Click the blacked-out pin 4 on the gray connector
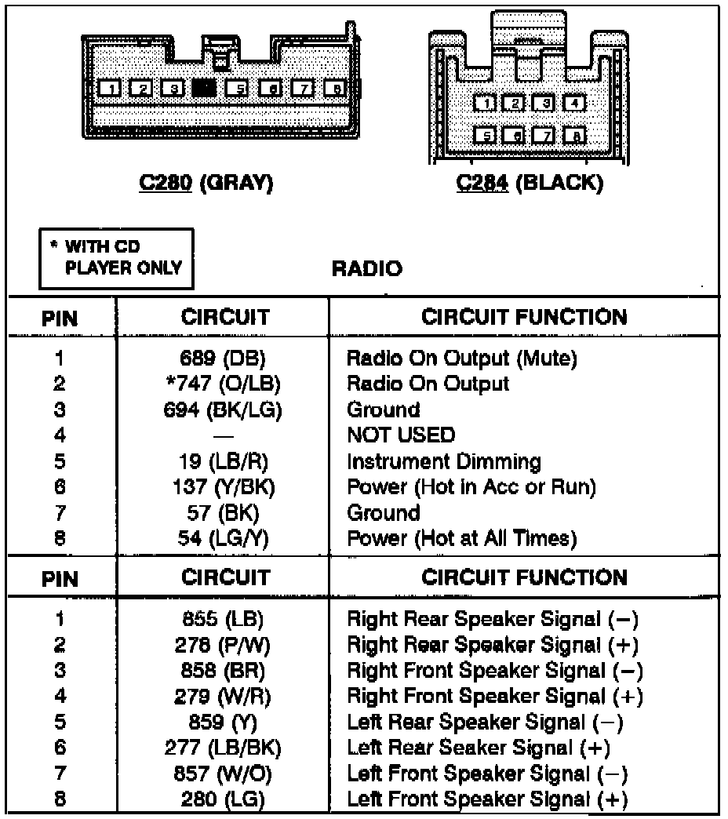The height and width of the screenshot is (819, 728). [x=204, y=88]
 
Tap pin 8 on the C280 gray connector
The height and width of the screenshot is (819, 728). [x=336, y=88]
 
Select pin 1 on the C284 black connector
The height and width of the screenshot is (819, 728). [x=486, y=103]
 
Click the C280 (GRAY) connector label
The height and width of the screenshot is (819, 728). [x=206, y=184]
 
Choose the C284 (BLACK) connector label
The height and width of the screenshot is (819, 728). [x=530, y=184]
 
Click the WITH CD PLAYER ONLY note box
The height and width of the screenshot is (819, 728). [x=116, y=258]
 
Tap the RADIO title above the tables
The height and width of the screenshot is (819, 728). [x=367, y=269]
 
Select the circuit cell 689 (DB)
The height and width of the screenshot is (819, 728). [x=222, y=359]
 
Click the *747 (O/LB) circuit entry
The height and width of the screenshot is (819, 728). [x=222, y=384]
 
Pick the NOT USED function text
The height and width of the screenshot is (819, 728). [x=401, y=435]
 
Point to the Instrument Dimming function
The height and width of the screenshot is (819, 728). [x=444, y=461]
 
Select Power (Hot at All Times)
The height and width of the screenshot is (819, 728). [x=462, y=538]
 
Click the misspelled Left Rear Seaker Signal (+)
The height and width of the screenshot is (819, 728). [x=479, y=748]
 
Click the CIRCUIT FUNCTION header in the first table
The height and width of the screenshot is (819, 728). [x=524, y=318]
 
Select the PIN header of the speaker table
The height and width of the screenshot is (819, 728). [x=60, y=579]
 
